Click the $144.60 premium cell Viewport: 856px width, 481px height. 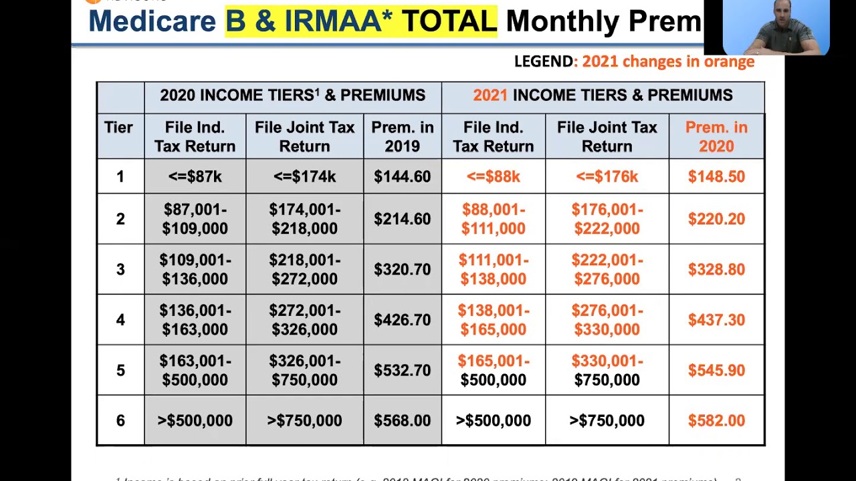coord(402,176)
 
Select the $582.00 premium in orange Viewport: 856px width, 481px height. coord(716,420)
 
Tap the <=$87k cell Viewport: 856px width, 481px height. coord(195,176)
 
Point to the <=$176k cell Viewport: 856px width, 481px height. coord(607,176)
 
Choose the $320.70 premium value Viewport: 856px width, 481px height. coord(402,269)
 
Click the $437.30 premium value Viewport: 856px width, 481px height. coord(716,320)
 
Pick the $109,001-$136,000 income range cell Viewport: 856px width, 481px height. coord(195,269)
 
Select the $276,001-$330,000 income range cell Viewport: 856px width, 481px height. coord(607,320)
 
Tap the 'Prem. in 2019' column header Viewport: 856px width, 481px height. coord(402,136)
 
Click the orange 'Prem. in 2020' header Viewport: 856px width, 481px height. coord(716,136)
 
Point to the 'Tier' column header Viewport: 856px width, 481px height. coord(118,127)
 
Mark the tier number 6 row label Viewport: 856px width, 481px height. coord(120,420)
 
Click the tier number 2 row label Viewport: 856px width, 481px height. coord(120,218)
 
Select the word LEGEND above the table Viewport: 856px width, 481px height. coord(544,61)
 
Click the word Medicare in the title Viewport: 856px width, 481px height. coord(152,21)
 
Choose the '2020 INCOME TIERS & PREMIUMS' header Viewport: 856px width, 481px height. coord(292,96)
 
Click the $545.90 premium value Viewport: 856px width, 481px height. coord(716,370)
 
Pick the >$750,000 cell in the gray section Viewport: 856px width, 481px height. coord(304,420)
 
